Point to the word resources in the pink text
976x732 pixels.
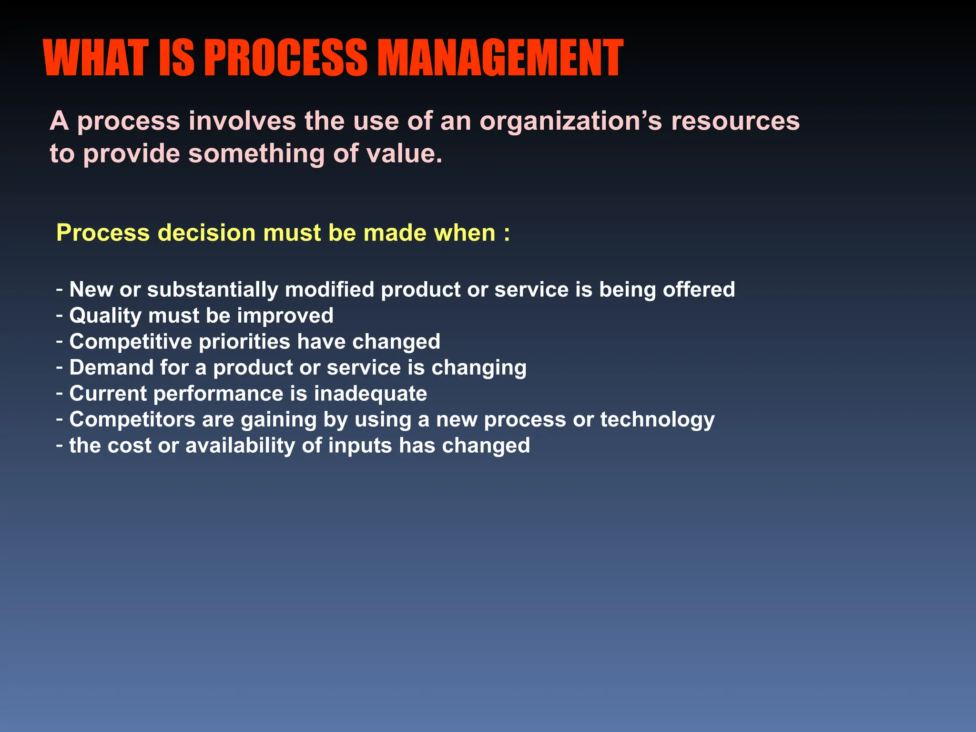pos(735,122)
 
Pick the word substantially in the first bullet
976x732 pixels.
pos(213,290)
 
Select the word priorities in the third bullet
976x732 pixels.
pos(244,342)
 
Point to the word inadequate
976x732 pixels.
pos(370,394)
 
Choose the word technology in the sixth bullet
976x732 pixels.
pos(657,420)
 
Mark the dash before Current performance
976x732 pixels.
pos(60,394)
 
